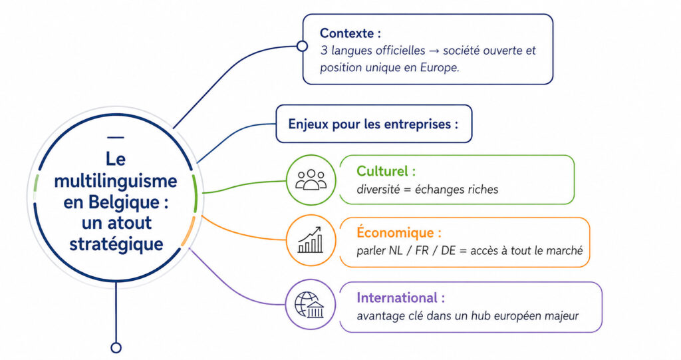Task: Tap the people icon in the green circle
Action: [311, 180]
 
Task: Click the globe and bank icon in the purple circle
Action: [309, 305]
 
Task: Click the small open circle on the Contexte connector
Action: [302, 46]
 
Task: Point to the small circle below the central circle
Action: [116, 347]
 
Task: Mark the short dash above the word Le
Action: [116, 138]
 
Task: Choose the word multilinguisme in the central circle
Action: [116, 180]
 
